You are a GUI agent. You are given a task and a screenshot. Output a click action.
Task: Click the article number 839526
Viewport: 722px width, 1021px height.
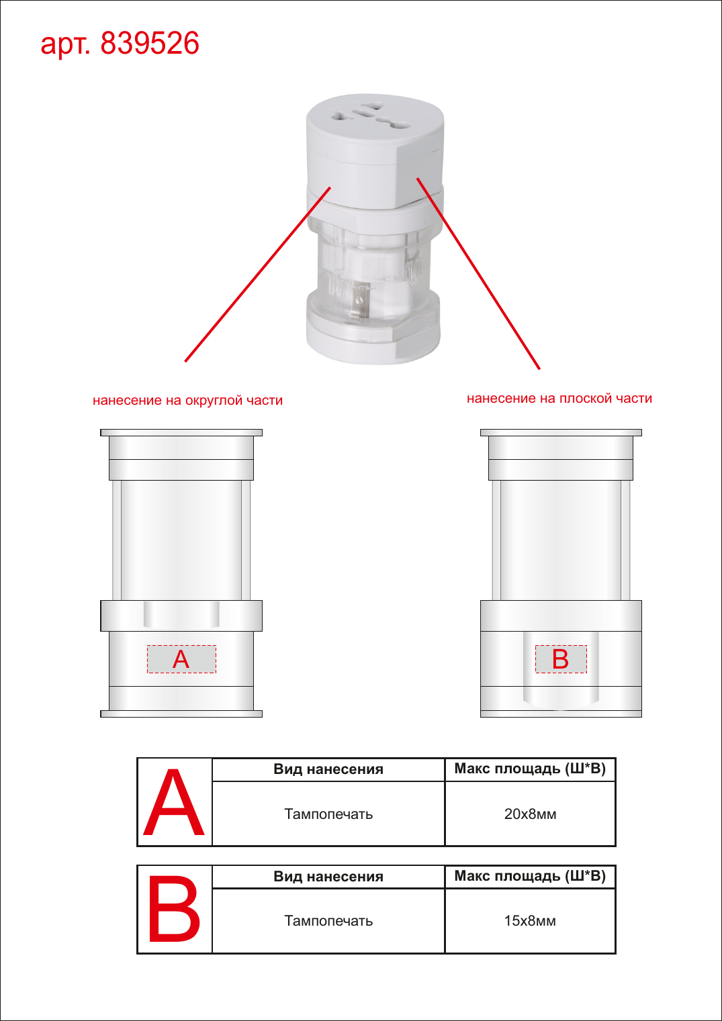click(150, 44)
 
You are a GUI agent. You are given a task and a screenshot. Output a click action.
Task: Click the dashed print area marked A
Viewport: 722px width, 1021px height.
click(181, 659)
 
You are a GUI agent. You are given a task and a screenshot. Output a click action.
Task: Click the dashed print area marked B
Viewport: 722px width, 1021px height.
click(561, 659)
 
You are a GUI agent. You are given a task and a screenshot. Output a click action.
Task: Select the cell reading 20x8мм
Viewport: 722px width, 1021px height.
click(530, 814)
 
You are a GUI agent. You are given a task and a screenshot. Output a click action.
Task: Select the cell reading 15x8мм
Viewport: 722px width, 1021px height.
click(530, 920)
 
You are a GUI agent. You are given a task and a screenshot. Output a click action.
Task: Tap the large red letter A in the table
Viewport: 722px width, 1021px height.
click(174, 803)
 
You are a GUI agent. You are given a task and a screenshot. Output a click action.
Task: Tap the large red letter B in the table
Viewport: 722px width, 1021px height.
click(174, 909)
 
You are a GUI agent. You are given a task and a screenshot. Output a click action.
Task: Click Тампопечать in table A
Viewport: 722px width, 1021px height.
click(328, 814)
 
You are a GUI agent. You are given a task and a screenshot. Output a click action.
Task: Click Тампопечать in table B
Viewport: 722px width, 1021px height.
click(328, 921)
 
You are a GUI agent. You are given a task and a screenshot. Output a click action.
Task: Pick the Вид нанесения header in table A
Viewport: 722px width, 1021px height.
click(328, 769)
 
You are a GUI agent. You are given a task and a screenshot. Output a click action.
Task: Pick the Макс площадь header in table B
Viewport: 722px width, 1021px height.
click(530, 875)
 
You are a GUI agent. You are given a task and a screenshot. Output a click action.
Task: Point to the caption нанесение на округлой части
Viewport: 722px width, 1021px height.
click(187, 400)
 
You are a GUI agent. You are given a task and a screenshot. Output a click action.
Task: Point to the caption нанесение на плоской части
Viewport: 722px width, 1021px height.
click(559, 398)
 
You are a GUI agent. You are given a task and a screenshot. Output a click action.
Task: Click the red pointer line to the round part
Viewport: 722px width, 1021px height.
click(257, 275)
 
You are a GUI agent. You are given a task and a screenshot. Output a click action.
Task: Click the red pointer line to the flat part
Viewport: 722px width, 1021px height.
click(478, 273)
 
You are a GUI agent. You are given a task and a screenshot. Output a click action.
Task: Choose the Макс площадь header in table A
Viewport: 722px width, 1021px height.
click(530, 769)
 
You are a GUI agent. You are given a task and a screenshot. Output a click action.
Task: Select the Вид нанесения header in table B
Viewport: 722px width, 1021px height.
click(328, 876)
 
